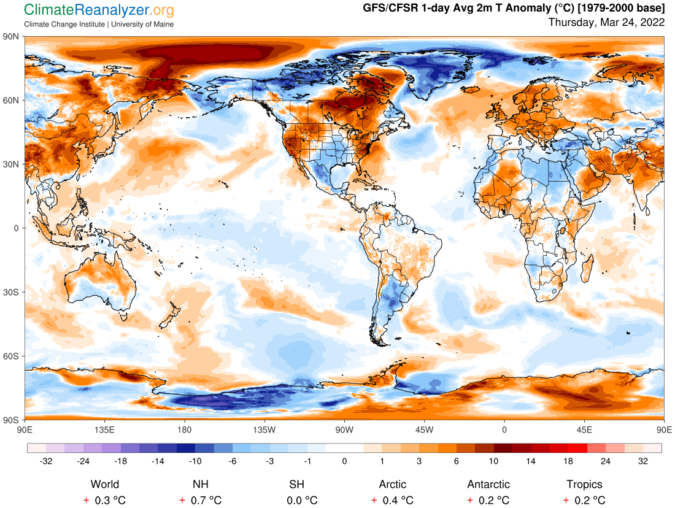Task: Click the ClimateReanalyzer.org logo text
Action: [x=99, y=10]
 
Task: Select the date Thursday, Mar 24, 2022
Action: [x=606, y=23]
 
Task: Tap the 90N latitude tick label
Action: [x=12, y=37]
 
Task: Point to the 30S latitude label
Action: [x=12, y=292]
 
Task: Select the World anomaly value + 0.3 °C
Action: [x=105, y=500]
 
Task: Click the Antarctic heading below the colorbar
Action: [x=488, y=484]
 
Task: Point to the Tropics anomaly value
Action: [x=584, y=500]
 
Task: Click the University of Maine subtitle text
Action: [x=142, y=25]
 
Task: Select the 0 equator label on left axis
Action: [x=17, y=228]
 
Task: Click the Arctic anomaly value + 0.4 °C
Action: [x=392, y=500]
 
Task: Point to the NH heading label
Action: [x=201, y=484]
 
